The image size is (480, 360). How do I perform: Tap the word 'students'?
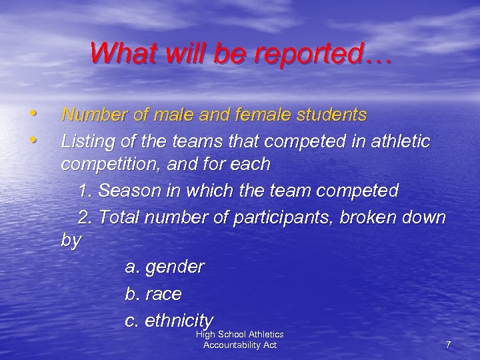click(x=333, y=115)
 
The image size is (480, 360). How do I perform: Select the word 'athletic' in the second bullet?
click(x=397, y=142)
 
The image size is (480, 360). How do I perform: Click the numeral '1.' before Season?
click(x=85, y=191)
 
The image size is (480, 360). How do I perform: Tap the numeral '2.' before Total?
click(x=85, y=218)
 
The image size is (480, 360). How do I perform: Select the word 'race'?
click(x=163, y=294)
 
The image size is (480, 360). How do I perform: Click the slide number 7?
click(x=448, y=345)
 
